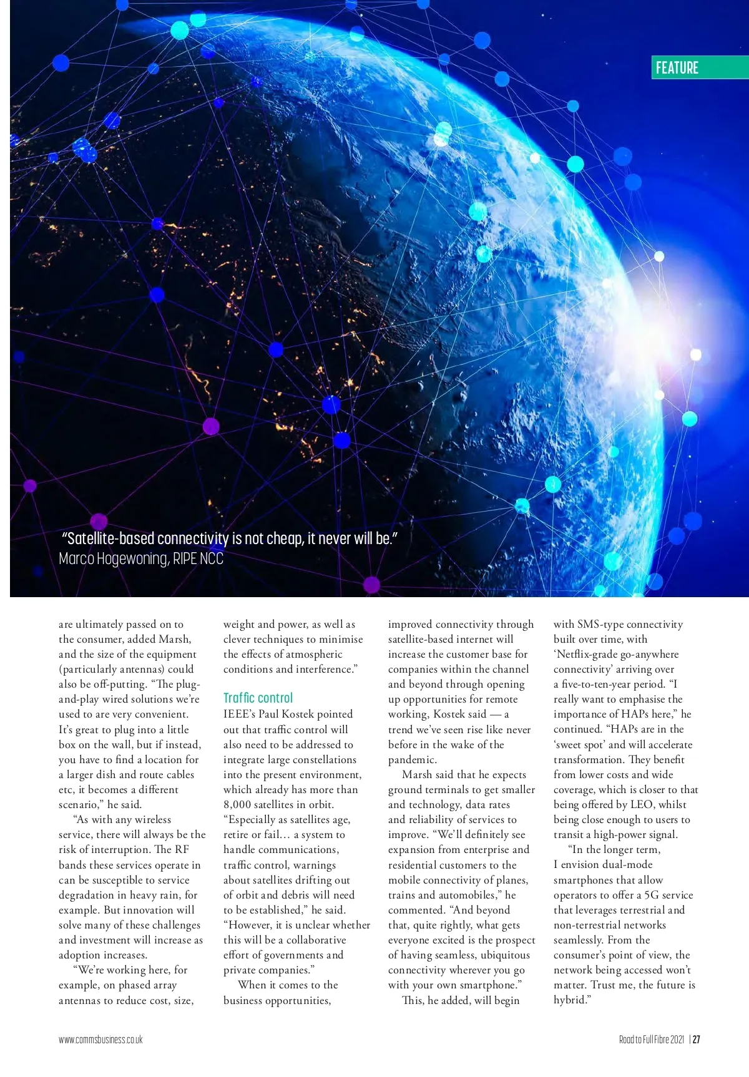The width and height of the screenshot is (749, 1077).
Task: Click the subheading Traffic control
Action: point(258,698)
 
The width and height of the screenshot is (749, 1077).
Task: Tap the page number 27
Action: point(696,1039)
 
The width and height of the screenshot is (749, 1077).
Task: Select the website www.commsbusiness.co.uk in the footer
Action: point(100,1039)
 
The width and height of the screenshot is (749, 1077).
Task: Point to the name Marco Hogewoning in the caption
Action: point(113,558)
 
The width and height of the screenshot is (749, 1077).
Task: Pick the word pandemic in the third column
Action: point(411,759)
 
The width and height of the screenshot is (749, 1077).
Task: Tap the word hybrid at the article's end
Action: point(570,1000)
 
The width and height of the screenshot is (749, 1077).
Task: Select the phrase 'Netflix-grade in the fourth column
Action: point(585,654)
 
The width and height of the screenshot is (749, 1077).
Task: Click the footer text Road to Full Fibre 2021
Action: point(651,1039)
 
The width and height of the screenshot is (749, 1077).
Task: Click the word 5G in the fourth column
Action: point(652,895)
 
